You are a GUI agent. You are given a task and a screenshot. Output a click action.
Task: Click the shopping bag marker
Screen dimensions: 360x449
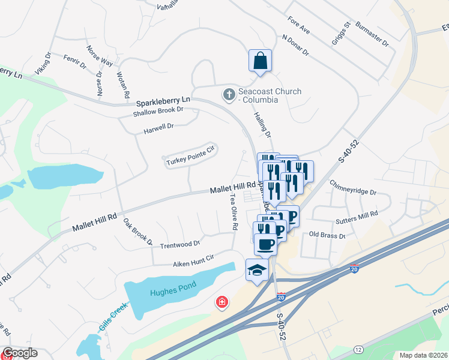(x=260, y=61)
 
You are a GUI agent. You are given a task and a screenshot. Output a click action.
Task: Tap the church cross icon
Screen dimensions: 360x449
(x=229, y=94)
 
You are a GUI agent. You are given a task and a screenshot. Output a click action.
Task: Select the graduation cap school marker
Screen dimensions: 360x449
(x=256, y=270)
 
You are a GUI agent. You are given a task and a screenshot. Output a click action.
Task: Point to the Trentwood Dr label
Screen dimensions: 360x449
(x=179, y=244)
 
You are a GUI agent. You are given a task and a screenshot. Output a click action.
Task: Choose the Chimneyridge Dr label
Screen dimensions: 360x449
(x=353, y=193)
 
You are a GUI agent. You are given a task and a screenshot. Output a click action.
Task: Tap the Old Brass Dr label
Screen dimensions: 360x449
(x=327, y=235)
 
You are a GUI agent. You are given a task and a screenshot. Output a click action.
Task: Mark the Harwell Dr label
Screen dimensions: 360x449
(x=158, y=127)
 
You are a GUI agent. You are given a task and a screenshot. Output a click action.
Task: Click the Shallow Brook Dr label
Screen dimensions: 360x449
(x=158, y=111)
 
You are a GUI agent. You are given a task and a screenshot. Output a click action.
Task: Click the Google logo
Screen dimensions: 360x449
(x=20, y=353)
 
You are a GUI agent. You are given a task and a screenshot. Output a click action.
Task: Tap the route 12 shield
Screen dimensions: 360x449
(x=358, y=349)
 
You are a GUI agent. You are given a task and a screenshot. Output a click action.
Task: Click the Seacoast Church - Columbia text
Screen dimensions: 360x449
(x=268, y=95)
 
